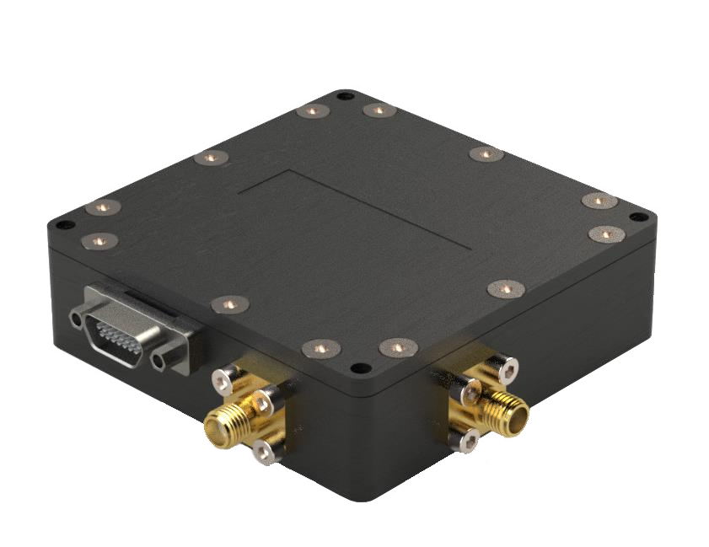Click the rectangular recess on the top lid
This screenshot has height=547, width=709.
[354, 206]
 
